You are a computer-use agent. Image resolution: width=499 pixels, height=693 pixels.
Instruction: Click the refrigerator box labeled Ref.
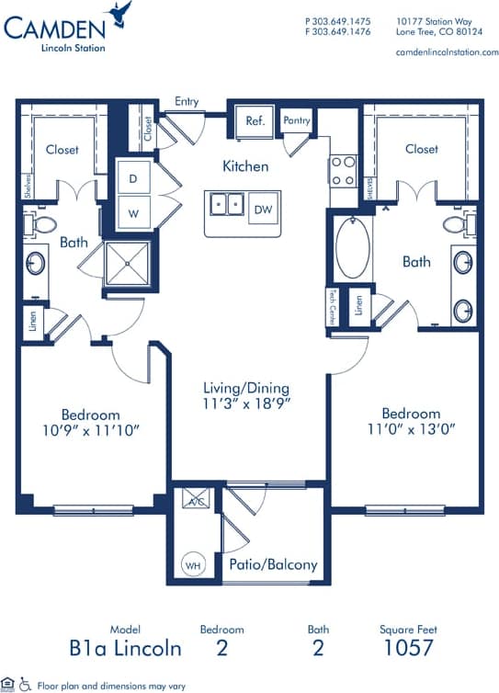coord(254,121)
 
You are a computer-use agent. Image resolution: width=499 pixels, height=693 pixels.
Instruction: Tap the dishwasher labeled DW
coord(263,210)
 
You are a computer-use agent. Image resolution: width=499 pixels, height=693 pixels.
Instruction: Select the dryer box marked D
coord(133,177)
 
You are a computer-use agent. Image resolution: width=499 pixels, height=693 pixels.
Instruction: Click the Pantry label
coord(297,120)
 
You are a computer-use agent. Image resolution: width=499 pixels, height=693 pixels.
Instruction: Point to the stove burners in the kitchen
coord(343,169)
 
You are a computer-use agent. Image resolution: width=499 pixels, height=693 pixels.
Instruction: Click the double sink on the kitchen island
coord(225,203)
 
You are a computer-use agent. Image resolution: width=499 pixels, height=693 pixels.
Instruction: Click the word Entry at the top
coord(187,101)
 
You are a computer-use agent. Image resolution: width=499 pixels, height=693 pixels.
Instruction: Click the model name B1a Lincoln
coord(125,648)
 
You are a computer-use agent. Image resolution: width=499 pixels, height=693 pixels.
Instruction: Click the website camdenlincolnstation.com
coord(447,52)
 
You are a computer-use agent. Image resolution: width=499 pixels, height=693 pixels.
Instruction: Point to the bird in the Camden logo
coord(119,13)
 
